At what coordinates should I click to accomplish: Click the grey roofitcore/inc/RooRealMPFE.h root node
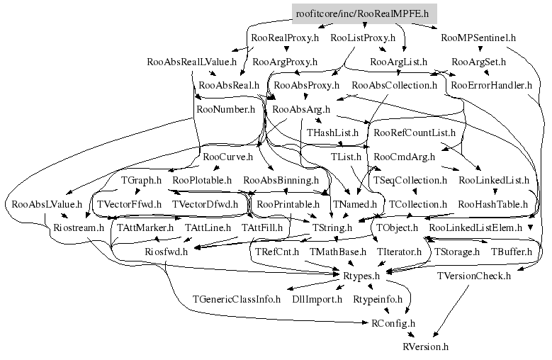coord(364,13)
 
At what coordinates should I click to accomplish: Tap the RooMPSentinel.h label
coord(478,38)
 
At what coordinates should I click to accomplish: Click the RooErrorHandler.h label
coord(491,86)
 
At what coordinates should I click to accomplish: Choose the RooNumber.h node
coord(225,110)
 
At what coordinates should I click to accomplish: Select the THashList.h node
coord(333,133)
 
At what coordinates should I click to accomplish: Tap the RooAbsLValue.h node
coord(47,205)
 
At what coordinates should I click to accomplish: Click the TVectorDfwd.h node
coord(206,205)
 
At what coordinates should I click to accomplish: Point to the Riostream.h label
coord(79,228)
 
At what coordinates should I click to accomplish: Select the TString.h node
coord(332,228)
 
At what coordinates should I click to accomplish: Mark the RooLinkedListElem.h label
coord(475,228)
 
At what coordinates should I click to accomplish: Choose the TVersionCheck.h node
coord(473,275)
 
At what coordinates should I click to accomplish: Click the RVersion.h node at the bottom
coord(426,347)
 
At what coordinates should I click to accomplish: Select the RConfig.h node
coord(393,322)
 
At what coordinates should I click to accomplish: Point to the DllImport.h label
coord(317,299)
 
